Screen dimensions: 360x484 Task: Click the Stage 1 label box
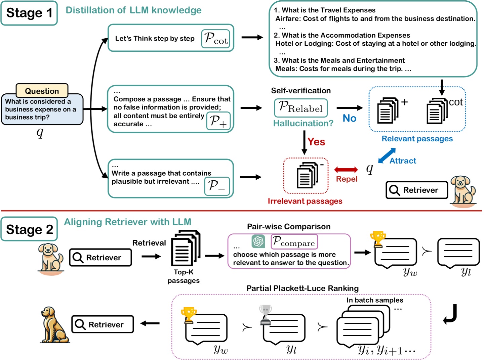[29, 13]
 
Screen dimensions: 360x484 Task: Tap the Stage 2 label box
[29, 229]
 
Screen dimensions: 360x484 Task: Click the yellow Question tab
[42, 91]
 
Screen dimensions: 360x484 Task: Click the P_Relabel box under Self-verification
[300, 107]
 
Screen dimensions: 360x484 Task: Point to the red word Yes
[316, 142]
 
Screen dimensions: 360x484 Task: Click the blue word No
[349, 118]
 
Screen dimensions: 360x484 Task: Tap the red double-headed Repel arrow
[346, 170]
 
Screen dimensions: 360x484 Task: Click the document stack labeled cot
[437, 111]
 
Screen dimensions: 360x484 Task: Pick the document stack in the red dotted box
[307, 175]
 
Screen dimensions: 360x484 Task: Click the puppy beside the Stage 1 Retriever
[463, 191]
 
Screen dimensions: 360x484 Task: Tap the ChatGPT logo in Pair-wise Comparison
[258, 241]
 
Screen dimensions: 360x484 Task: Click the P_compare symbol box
[294, 241]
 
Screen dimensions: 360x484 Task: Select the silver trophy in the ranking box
[265, 315]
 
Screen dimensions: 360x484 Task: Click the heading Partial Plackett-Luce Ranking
[302, 288]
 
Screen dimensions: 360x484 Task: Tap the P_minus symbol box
[217, 186]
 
